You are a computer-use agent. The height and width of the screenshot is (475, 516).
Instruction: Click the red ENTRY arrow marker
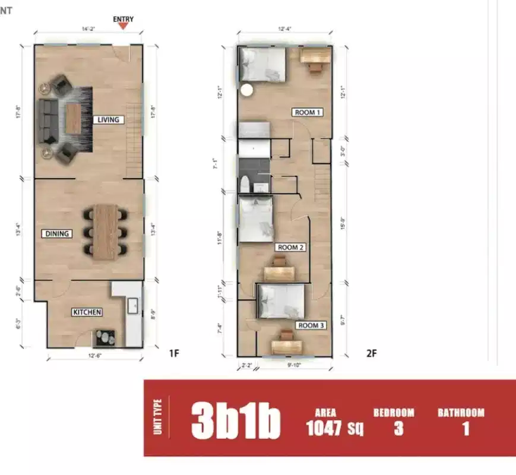pos(124,26)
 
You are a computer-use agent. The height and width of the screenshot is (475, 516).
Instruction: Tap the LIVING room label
pos(108,120)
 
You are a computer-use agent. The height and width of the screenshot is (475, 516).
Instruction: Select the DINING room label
pos(58,234)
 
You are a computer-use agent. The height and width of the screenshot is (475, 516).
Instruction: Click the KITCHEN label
pos(87,312)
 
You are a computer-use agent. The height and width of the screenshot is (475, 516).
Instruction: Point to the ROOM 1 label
pos(308,112)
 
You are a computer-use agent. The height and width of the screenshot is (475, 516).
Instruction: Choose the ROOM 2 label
pos(291,247)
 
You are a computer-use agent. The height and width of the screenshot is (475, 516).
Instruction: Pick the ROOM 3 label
pos(311,325)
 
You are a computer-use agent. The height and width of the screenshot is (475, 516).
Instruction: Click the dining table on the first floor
pos(106,232)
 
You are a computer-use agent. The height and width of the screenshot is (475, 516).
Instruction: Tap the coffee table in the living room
pos(72,119)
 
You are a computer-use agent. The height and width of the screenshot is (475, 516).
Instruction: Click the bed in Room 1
pos(262,64)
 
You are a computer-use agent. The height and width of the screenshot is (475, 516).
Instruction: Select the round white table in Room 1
pos(246,90)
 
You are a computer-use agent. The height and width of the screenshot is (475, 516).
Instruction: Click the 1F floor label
pos(174,354)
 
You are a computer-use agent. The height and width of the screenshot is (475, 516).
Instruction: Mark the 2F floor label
pos(371,354)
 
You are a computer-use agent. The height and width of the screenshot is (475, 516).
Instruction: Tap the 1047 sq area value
pos(334,428)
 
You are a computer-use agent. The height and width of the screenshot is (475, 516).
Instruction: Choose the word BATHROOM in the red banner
pos(461,413)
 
